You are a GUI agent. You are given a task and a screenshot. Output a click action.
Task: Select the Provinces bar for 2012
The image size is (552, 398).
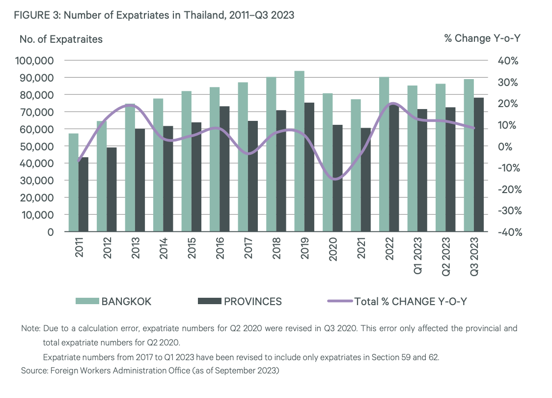pyautogui.click(x=111, y=189)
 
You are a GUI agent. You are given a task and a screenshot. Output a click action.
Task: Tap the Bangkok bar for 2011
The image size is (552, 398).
pyautogui.click(x=74, y=182)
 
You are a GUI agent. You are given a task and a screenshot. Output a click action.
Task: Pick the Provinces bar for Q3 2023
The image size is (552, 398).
pyautogui.click(x=479, y=165)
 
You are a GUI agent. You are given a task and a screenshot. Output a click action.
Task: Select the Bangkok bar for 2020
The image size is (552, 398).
pyautogui.click(x=327, y=162)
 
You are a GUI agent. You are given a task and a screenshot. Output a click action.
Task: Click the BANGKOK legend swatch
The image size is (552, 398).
pyautogui.click(x=87, y=302)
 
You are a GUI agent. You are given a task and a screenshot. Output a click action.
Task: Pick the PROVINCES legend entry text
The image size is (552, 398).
pyautogui.click(x=253, y=302)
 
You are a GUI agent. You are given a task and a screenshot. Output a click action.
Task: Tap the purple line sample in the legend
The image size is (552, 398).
pyautogui.click(x=340, y=302)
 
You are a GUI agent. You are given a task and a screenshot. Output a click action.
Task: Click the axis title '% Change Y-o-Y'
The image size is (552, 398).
pyautogui.click(x=482, y=38)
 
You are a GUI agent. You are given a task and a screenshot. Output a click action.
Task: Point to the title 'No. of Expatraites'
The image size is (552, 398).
pyautogui.click(x=61, y=39)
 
